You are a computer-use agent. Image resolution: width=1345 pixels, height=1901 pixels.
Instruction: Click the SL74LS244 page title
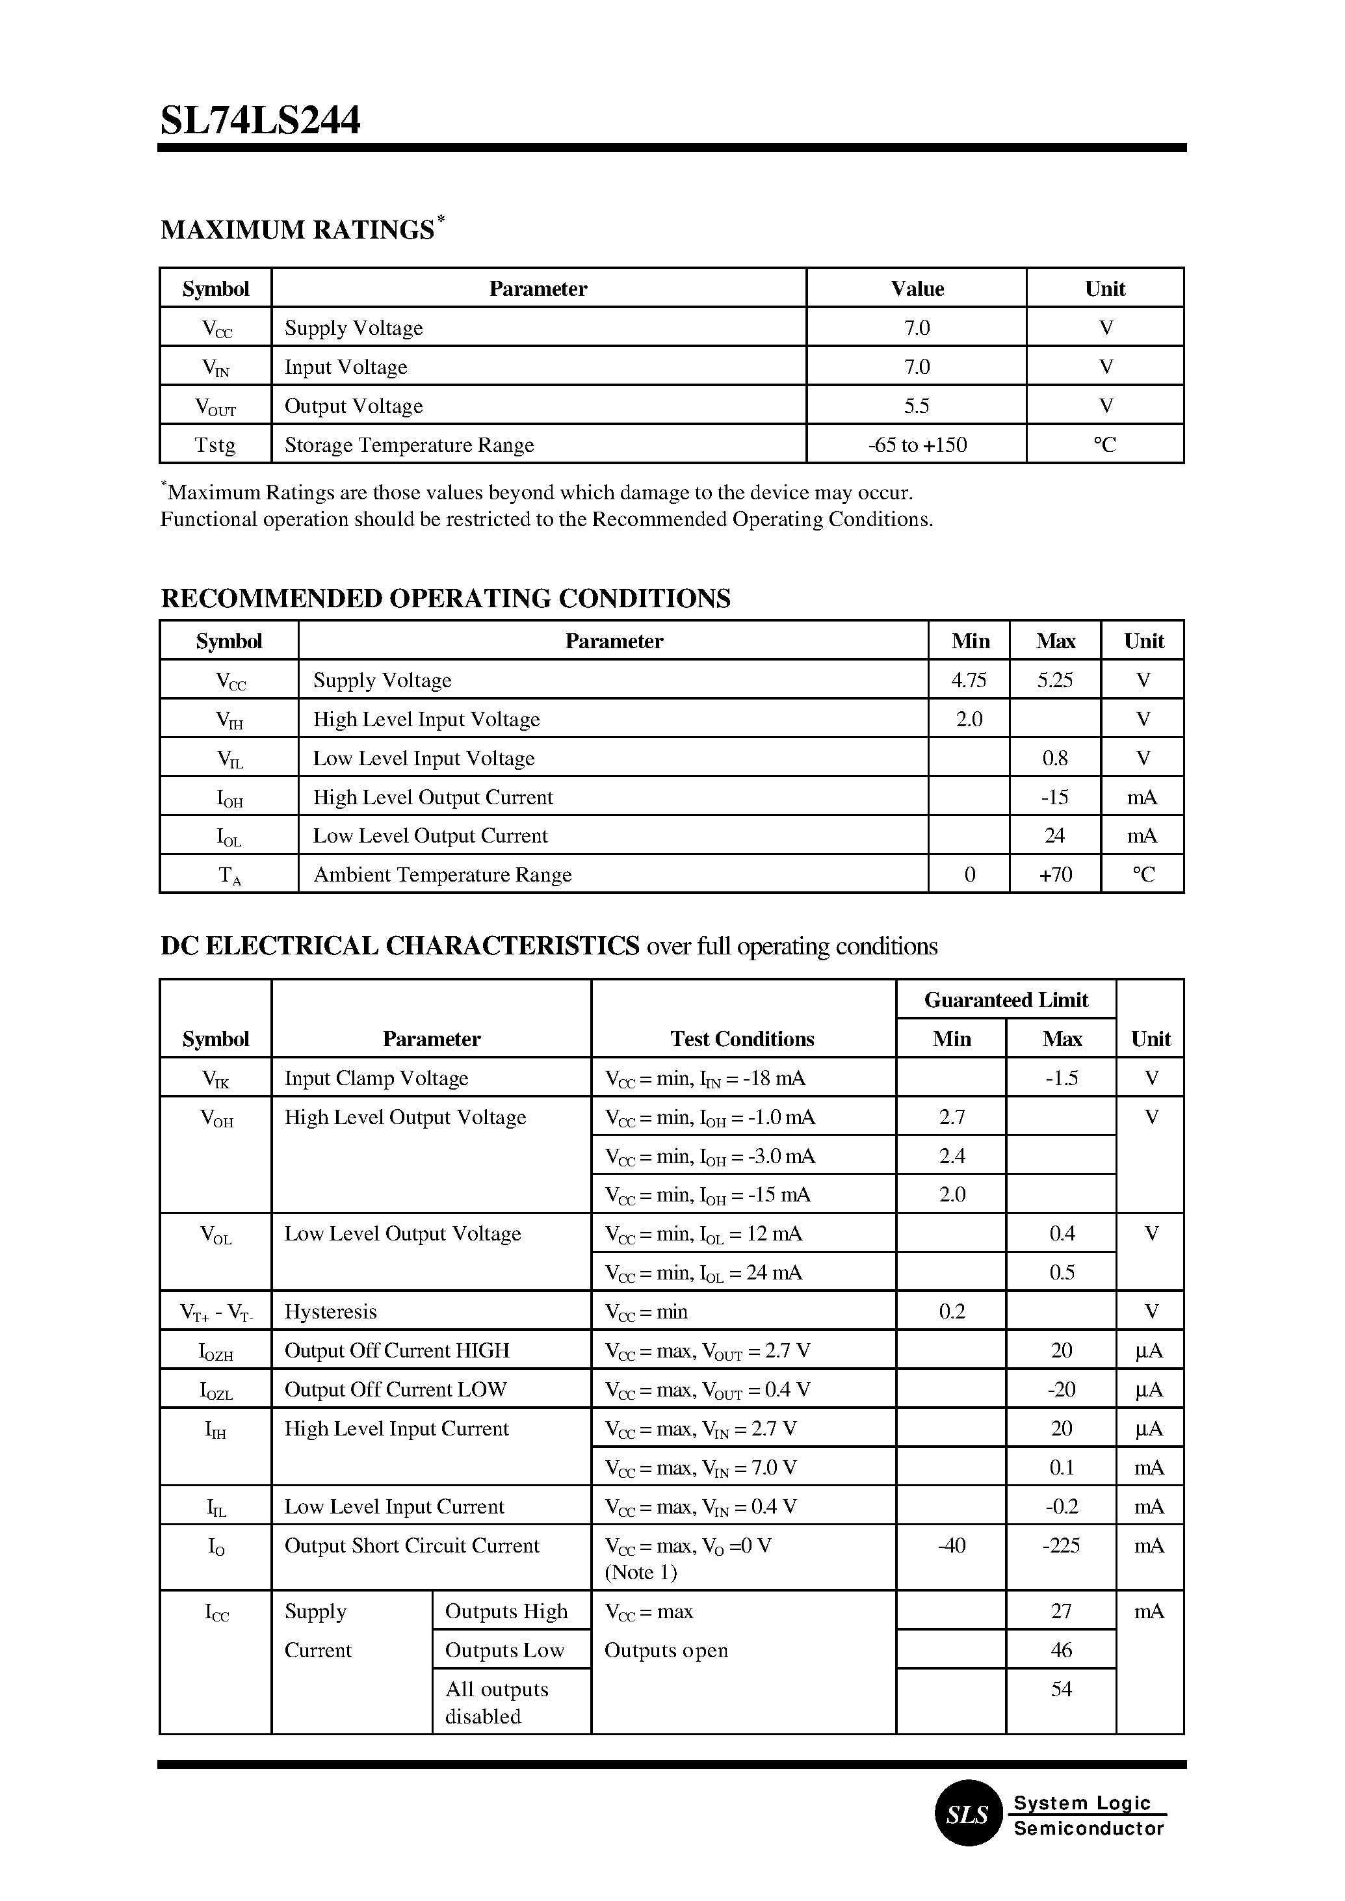(260, 121)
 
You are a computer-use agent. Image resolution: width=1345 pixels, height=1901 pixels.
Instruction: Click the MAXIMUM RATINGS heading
(297, 229)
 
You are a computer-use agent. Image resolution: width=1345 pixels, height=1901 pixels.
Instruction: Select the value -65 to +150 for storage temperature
(917, 445)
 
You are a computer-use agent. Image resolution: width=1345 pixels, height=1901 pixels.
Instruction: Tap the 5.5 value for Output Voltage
(916, 406)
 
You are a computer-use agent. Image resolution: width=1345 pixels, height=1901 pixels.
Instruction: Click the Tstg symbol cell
(215, 445)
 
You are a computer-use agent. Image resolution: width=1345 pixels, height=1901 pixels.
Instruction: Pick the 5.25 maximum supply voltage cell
(1054, 680)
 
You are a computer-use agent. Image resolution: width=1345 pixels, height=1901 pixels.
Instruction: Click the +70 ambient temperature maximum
(1055, 874)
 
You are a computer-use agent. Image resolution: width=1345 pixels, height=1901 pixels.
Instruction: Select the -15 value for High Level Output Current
(1054, 797)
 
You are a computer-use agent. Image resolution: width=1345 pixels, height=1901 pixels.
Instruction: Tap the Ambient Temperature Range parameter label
(442, 874)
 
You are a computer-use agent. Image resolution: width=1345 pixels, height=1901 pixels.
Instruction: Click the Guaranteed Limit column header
(1006, 1000)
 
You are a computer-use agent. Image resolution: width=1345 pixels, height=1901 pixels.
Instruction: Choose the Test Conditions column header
(742, 1039)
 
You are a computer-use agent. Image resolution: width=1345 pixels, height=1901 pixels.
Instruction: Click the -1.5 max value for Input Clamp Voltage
(1061, 1078)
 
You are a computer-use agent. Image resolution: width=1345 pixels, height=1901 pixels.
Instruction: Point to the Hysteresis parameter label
(330, 1311)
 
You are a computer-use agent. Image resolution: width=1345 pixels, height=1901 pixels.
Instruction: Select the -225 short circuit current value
(1061, 1545)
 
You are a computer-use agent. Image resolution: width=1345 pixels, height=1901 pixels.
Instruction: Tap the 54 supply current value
(1061, 1688)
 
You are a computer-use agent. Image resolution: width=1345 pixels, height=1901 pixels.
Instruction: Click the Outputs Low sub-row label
(504, 1650)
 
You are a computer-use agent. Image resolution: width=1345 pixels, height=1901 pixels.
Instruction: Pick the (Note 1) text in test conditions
(640, 1572)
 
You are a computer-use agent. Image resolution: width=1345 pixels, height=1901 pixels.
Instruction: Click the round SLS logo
(968, 1815)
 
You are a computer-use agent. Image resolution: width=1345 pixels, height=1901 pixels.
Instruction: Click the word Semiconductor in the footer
(1088, 1828)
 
